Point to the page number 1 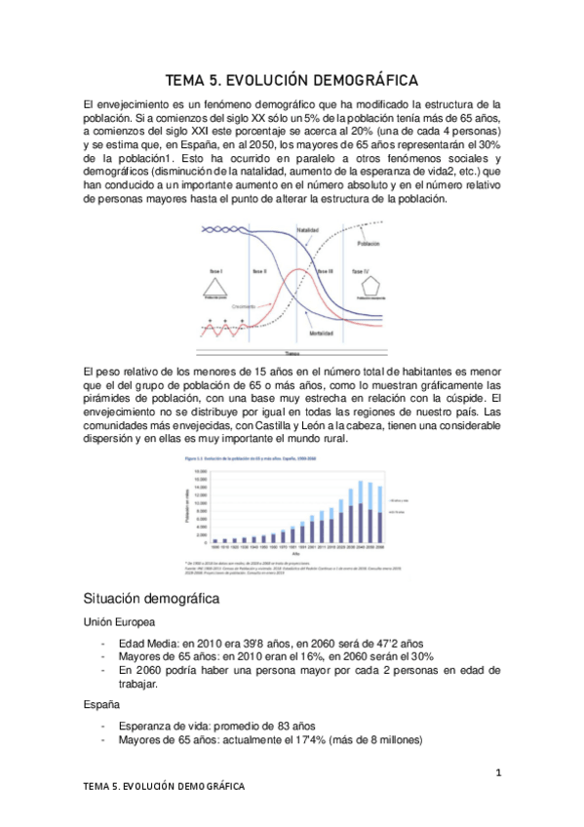497,773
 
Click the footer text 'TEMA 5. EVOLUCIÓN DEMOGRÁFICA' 164,785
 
